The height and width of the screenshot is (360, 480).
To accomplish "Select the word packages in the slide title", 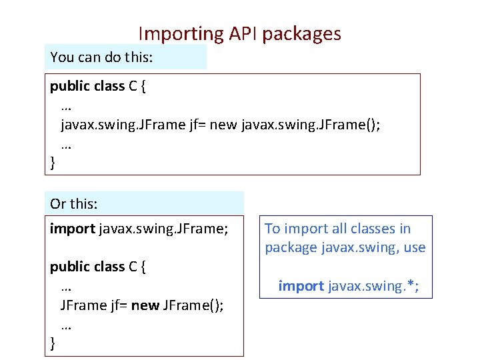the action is coord(301,34).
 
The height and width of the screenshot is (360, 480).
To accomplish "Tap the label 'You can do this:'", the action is coord(101,57).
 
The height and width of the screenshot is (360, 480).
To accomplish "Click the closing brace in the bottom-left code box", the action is coord(53,344).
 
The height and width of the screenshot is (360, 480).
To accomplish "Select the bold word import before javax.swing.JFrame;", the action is coord(72,229).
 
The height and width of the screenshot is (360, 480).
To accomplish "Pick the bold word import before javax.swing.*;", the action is coord(301,286).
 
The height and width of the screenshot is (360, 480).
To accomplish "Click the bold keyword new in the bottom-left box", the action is coord(145,305).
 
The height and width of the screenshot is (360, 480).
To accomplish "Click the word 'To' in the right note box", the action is coord(273,229).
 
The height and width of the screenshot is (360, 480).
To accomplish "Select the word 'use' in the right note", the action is coord(414,248).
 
